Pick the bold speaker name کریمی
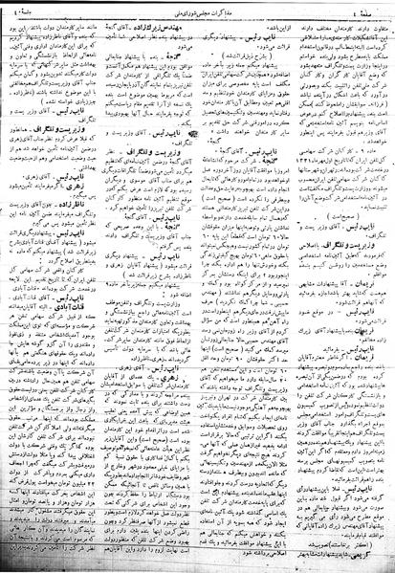(364, 552)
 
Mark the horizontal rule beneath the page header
(197, 19)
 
